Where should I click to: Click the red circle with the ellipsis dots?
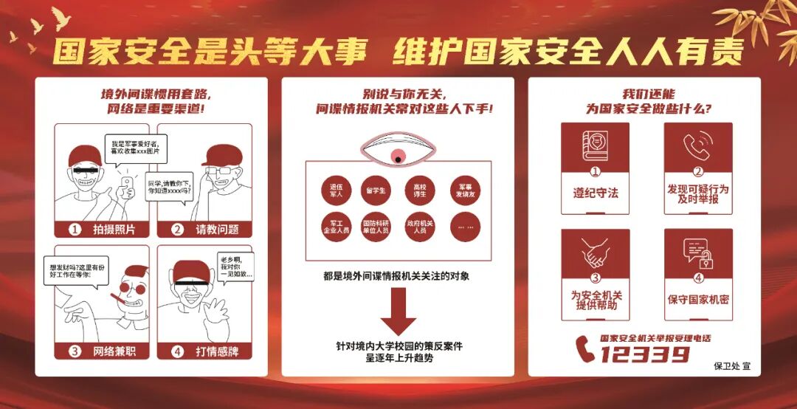(465, 227)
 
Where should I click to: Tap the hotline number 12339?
(644, 355)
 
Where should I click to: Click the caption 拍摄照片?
(114, 230)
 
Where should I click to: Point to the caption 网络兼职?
(114, 351)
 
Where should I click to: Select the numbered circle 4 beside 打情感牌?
(177, 351)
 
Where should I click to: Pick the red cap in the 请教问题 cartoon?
(221, 155)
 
